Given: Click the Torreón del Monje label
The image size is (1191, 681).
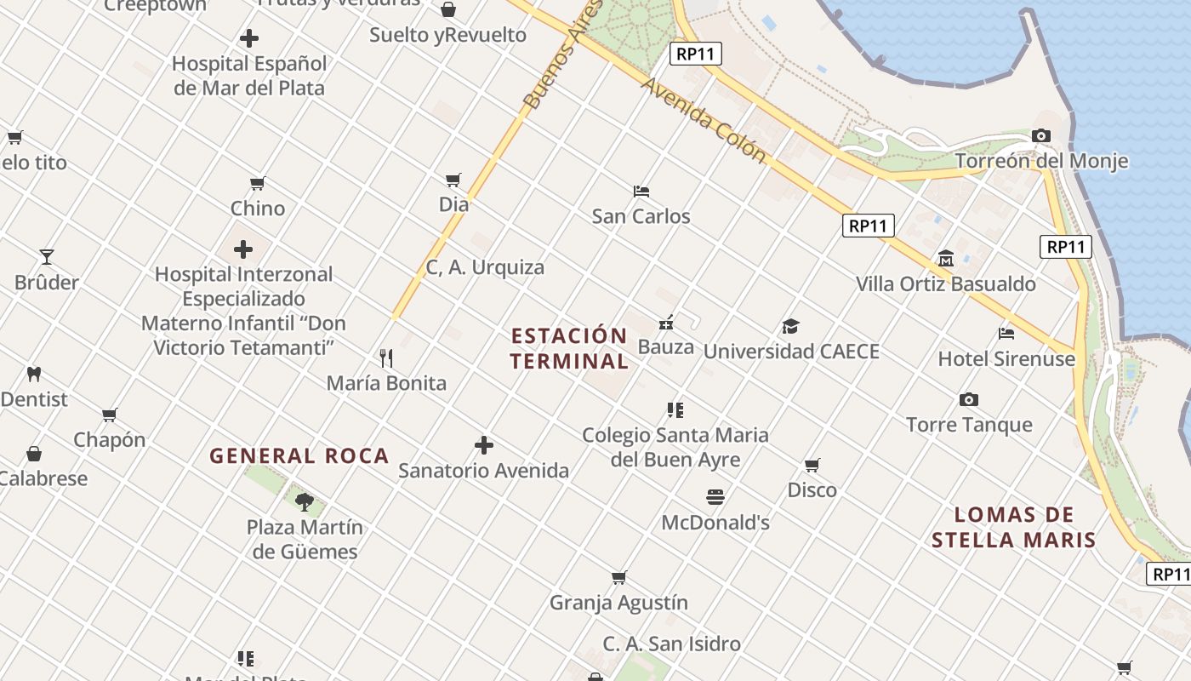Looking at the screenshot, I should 1041,161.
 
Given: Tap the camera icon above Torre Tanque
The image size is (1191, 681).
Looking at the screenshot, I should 968,399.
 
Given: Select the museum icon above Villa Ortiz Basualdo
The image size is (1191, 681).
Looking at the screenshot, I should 945,258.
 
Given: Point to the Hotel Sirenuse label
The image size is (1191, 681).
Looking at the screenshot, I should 1006,358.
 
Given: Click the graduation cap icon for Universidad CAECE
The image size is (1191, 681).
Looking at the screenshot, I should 790,326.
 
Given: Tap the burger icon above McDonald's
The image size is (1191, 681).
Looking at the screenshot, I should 715,496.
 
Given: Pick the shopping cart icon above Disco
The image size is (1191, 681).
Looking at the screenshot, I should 812,465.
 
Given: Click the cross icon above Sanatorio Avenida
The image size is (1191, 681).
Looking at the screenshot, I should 483,444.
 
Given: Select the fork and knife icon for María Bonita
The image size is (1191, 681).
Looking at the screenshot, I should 386,358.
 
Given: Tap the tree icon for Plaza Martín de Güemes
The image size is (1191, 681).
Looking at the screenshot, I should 305,501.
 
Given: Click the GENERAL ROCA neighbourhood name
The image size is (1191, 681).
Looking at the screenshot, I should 299,455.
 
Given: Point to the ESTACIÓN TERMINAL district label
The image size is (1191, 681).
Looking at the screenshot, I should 569,347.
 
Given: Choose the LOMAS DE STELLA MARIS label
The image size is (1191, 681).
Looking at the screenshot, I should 1013,527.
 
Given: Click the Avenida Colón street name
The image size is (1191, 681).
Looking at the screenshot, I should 704,120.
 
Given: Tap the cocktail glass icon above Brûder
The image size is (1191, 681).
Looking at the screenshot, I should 47,256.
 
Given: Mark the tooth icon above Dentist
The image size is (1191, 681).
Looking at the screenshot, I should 34,373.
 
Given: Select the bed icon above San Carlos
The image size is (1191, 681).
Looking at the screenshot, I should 641,191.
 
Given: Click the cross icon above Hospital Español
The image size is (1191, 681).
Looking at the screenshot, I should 248,38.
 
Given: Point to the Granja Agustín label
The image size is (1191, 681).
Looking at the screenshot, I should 618,603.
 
